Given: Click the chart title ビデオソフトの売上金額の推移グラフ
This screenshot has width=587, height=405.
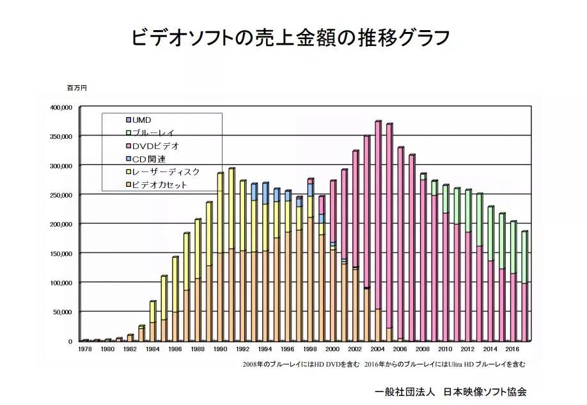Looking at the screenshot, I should (291, 37).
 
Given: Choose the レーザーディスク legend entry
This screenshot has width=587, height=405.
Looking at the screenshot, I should (166, 172).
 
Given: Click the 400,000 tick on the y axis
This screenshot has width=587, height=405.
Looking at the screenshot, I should (61, 107).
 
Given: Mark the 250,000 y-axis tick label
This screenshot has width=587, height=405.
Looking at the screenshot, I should (61, 195).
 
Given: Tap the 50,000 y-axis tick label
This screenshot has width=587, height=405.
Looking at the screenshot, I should (63, 312).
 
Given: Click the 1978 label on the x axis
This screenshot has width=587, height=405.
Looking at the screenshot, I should (85, 350).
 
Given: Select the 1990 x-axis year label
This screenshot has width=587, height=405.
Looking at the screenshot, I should (220, 350).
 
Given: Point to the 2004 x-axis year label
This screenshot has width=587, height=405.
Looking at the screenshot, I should (377, 350).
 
